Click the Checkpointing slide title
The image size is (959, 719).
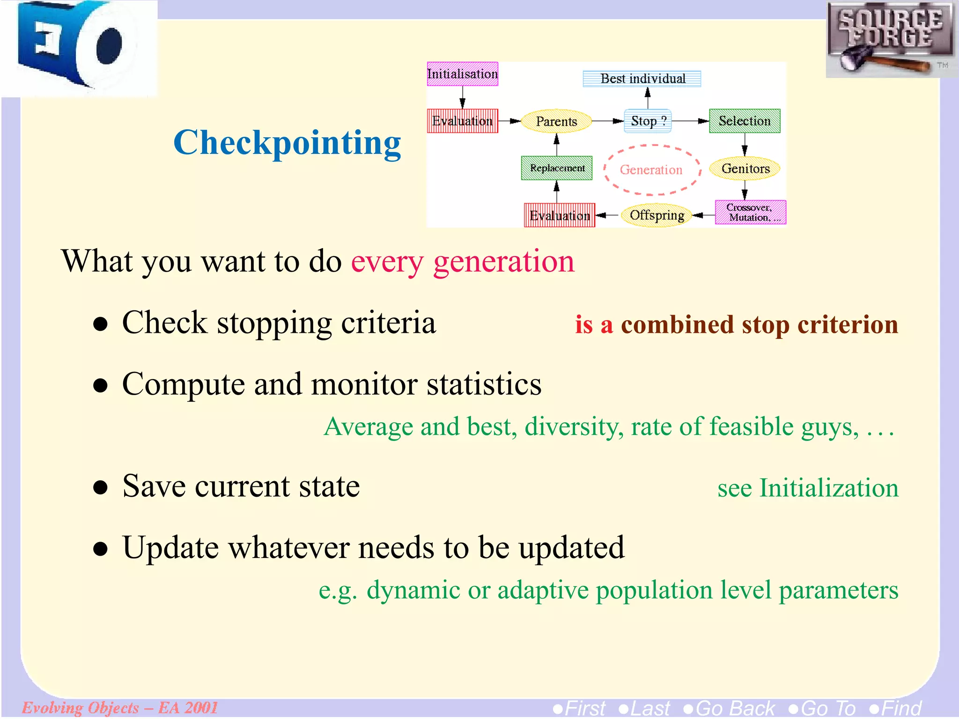coord(287,143)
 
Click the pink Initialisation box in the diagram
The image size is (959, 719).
coord(462,74)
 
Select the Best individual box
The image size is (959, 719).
coord(642,79)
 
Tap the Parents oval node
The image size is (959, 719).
coord(556,121)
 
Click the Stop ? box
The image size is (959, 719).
coord(648,121)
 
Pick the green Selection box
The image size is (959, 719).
coord(744,121)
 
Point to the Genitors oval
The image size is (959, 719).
coord(745,169)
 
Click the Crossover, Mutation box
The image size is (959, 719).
coord(750,213)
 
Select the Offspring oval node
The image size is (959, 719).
coord(657,215)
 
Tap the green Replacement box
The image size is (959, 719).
coord(557,168)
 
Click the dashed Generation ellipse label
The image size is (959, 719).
coord(651,170)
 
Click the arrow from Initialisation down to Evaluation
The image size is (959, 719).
coord(463,97)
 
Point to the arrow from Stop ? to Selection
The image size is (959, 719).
coord(690,121)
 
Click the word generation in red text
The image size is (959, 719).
coord(503,262)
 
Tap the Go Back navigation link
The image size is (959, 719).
coord(729,708)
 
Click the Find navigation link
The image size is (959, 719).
coord(895,708)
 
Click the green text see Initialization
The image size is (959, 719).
coord(808,488)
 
